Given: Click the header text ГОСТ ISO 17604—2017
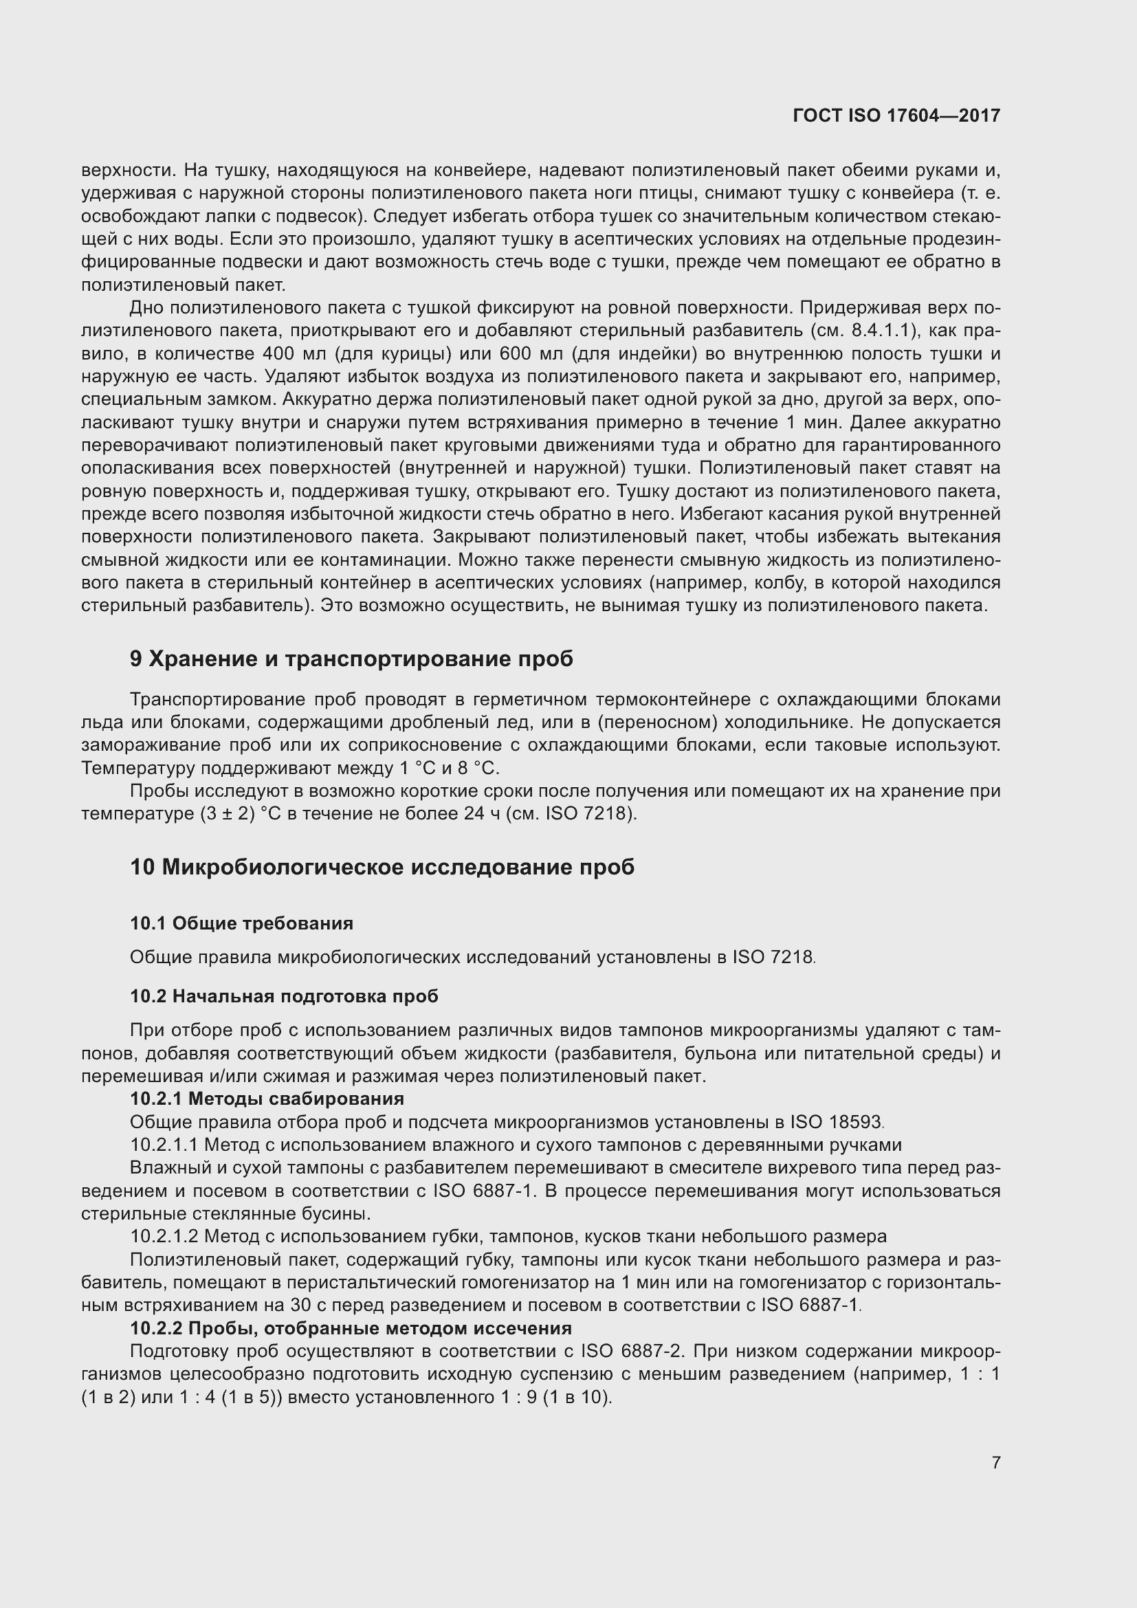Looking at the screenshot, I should pyautogui.click(x=896, y=116).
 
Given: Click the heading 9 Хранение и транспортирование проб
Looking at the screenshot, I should pyautogui.click(x=351, y=659).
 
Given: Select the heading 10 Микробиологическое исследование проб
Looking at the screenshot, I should pyautogui.click(x=382, y=867).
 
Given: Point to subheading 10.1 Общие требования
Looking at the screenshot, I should pyautogui.click(x=241, y=923).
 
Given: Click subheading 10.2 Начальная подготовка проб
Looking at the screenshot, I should pyautogui.click(x=285, y=996).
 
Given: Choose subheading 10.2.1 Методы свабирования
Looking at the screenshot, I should pyautogui.click(x=267, y=1098).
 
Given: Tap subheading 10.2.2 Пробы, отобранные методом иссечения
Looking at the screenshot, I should pyautogui.click(x=351, y=1328).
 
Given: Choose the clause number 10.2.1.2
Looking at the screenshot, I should pyautogui.click(x=166, y=1236).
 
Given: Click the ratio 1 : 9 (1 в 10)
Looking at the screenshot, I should pyautogui.click(x=556, y=1397).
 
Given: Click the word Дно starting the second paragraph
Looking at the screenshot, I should pyautogui.click(x=146, y=308).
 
